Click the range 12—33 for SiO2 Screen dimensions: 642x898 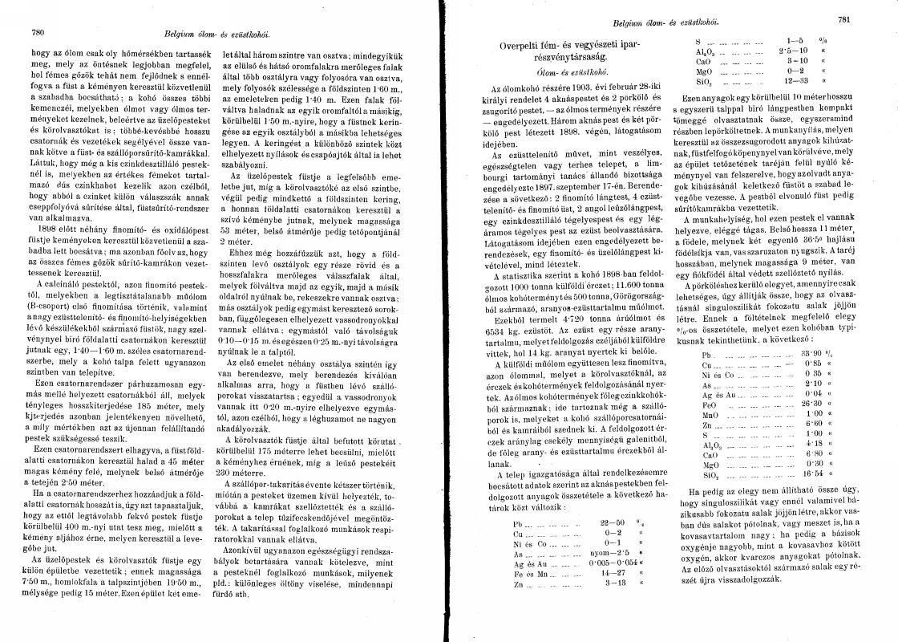pos(797,80)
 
